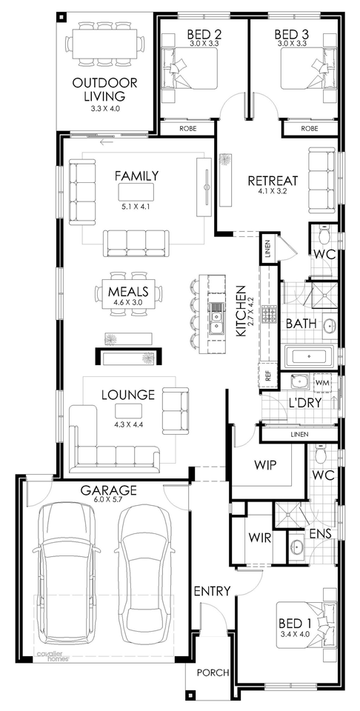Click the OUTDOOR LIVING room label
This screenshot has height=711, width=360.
pos(104,90)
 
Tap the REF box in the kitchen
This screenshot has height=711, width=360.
pos(267,376)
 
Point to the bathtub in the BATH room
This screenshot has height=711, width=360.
pos(310,356)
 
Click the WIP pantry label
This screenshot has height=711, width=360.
pos(265,466)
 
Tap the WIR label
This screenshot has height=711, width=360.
pos(260,538)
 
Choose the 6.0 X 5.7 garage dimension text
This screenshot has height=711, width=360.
pos(108,498)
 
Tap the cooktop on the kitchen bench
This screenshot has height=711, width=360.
pos(267,314)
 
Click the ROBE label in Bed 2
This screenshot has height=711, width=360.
pos(187,128)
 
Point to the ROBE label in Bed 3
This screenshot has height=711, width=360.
pos(310,128)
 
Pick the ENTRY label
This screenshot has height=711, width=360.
pos(212,591)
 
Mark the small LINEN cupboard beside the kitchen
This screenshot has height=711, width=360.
pos(267,249)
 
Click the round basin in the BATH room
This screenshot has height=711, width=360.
pos(330,325)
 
